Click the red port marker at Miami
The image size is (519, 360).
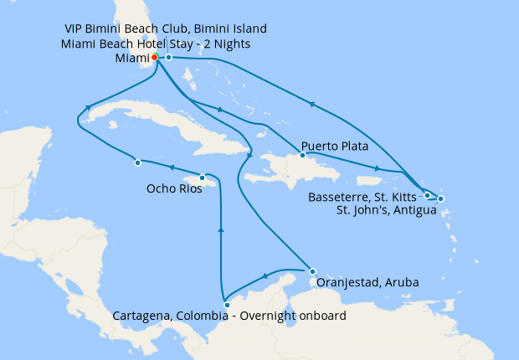point(155,57)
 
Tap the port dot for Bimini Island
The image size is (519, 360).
point(168,58)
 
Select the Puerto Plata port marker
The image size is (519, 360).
point(302,155)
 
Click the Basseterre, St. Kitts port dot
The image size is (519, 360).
point(427,195)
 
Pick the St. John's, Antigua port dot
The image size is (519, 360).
point(440,198)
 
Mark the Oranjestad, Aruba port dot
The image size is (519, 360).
point(312,271)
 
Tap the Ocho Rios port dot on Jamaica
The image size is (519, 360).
point(202,177)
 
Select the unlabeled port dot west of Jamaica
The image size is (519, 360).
point(136,162)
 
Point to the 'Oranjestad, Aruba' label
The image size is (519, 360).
point(366,282)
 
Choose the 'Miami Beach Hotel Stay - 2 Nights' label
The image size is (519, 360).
point(157,44)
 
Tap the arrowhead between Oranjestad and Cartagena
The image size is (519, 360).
point(265,276)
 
